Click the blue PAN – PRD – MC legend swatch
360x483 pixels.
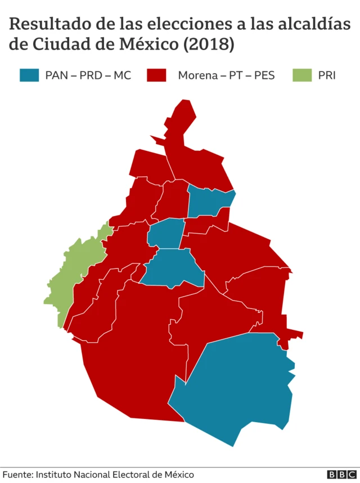pyautogui.click(x=29, y=75)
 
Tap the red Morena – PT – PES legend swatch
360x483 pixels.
pyautogui.click(x=156, y=75)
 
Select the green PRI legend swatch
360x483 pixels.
pyautogui.click(x=302, y=75)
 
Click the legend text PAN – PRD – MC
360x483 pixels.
pyautogui.click(x=88, y=75)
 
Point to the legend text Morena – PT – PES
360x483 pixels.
pyautogui.click(x=226, y=75)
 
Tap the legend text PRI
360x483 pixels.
pyautogui.click(x=327, y=75)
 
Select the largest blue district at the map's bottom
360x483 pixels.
pyautogui.click(x=236, y=383)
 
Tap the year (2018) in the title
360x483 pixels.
pyautogui.click(x=209, y=44)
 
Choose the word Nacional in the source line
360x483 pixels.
pyautogui.click(x=92, y=475)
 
